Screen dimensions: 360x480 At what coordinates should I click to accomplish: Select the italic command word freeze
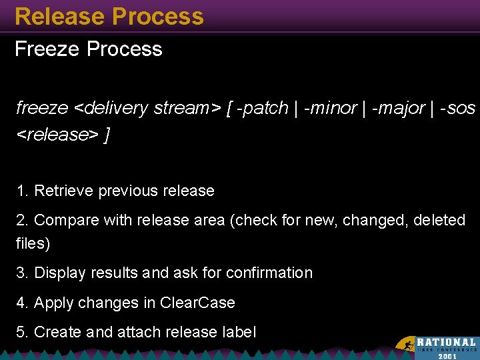(x=42, y=108)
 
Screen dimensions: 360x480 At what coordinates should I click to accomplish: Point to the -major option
(x=398, y=108)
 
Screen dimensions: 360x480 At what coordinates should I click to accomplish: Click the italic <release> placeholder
(x=57, y=135)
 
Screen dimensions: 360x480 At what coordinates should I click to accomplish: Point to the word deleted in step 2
(x=439, y=220)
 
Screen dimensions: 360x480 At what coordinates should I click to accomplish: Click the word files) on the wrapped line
(x=33, y=243)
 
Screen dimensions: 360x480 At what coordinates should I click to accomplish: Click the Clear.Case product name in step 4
(x=197, y=303)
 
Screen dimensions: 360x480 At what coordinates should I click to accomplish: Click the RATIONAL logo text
(x=446, y=342)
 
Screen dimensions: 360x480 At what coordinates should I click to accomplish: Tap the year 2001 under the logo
(x=447, y=356)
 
